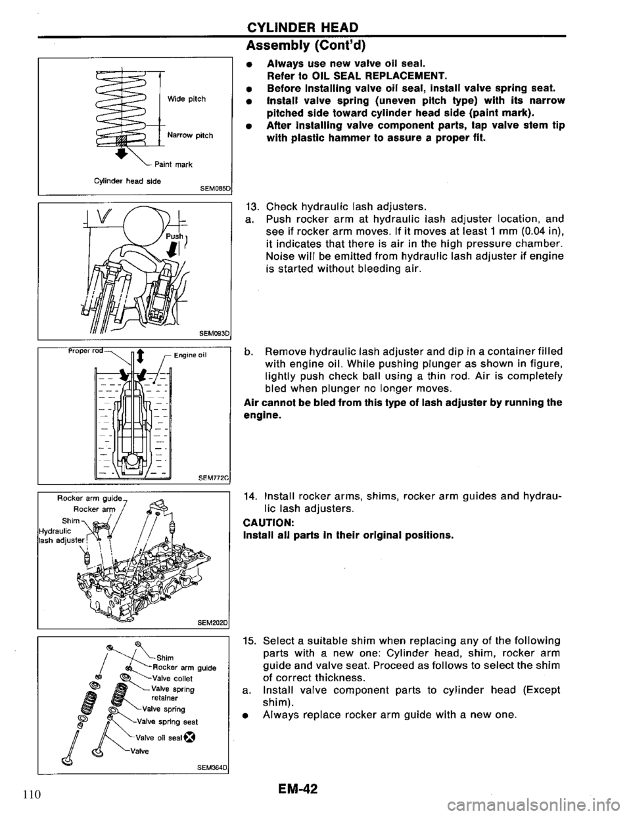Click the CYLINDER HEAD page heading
[x=302, y=27]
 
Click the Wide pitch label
[x=187, y=99]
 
